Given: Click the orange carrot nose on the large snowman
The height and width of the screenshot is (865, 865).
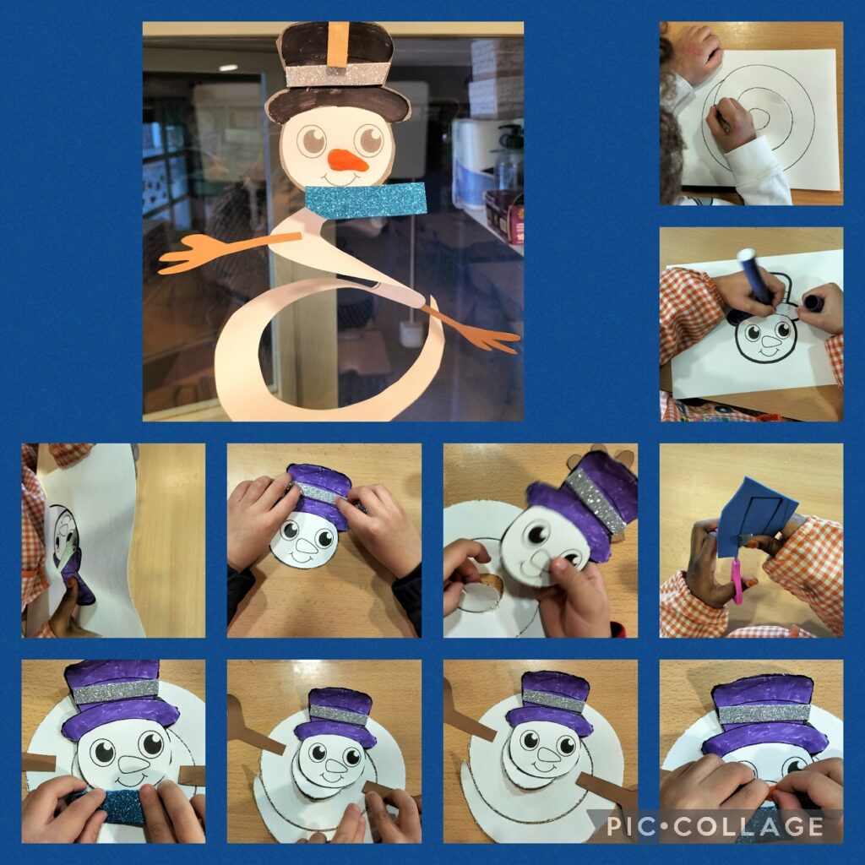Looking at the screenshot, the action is pos(348,160).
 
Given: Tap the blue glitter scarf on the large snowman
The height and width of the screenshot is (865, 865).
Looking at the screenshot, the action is pos(366,199).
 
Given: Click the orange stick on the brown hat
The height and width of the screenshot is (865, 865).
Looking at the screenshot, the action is pos(340,44).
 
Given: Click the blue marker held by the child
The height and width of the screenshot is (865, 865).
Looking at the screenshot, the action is pos(754,276).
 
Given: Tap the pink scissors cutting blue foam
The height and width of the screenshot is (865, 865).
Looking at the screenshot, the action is pos(736,579).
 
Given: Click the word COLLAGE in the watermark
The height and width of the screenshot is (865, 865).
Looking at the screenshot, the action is pos(748,826).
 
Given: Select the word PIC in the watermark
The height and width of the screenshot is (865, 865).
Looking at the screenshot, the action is pos(632,826).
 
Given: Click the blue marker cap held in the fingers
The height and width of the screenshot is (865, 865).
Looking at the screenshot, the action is pos(813,303).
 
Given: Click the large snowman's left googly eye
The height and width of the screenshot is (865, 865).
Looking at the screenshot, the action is pos(312,141).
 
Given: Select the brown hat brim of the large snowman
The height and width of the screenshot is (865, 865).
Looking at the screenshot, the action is pos(338,105).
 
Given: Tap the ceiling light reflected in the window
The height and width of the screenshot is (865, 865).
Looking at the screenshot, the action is pos(228,68).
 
